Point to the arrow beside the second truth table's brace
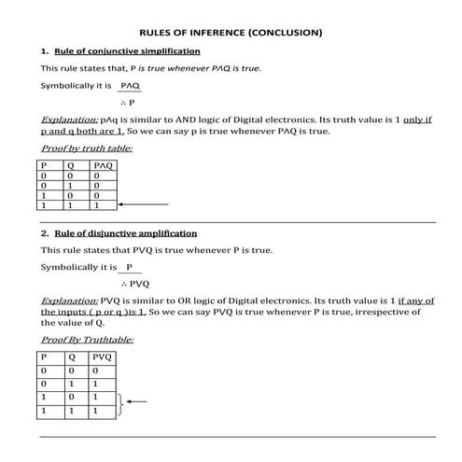click(136, 402)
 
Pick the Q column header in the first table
click(70, 166)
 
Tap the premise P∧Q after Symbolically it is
click(130, 85)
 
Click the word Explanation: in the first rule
click(70, 119)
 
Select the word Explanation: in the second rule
click(70, 301)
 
